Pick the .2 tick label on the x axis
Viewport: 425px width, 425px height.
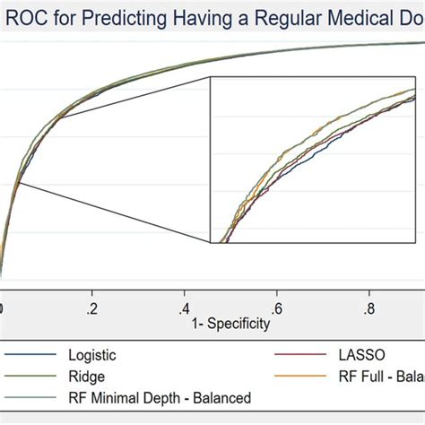91,308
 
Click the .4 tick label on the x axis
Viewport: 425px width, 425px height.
184,308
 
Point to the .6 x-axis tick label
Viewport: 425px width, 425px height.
276,308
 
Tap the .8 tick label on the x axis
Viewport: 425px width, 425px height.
369,308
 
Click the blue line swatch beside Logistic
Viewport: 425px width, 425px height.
32,356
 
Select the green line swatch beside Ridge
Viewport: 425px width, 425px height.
32,377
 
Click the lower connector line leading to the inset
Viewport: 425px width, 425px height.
112,212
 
